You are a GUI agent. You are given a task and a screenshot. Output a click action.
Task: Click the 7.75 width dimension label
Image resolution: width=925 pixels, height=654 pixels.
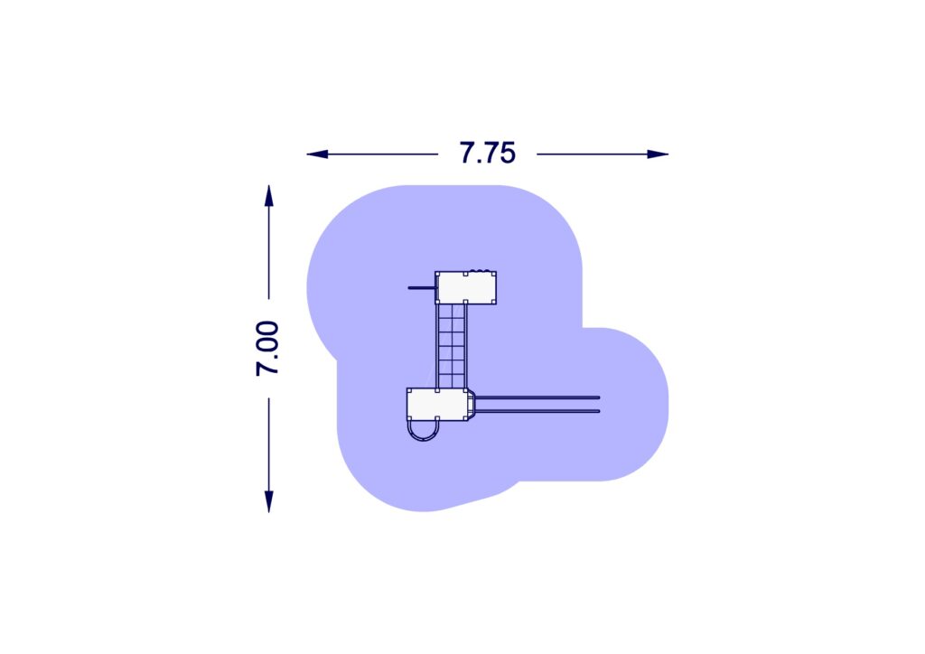click(x=487, y=153)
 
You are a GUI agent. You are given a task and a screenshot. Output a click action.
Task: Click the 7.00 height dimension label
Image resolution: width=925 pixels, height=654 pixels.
click(x=267, y=349)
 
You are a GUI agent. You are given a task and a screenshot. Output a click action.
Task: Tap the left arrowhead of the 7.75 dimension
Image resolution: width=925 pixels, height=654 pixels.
click(x=317, y=154)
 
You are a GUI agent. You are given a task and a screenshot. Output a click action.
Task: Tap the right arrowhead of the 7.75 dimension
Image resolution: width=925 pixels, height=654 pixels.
click(x=658, y=154)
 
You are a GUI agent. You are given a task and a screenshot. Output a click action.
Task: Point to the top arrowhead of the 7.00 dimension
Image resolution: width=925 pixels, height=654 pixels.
click(x=269, y=196)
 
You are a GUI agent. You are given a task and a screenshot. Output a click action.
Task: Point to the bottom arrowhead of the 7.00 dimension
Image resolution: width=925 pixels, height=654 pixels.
click(x=269, y=501)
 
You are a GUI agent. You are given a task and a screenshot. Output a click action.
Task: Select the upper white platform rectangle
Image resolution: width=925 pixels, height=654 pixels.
click(x=466, y=288)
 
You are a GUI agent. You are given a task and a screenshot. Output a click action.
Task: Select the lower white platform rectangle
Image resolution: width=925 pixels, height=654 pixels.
click(x=437, y=405)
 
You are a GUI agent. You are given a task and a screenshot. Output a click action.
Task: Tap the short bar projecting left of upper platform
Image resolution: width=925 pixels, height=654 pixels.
click(x=422, y=288)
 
